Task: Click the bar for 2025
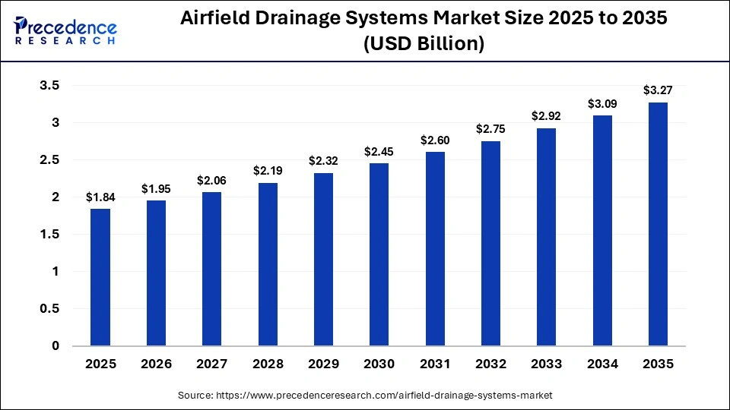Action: [x=100, y=277]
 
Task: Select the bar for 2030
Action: [x=379, y=254]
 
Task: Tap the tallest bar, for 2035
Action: [x=658, y=224]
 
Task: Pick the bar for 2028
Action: [x=268, y=264]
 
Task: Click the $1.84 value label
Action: [x=100, y=197]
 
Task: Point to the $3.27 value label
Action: [x=658, y=91]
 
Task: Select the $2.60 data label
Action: [x=435, y=140]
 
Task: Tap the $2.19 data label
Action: [x=268, y=171]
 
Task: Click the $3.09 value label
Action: [x=602, y=104]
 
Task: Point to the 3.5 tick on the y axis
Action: [x=49, y=86]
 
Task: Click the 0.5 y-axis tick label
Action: [x=49, y=309]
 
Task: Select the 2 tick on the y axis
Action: [x=55, y=197]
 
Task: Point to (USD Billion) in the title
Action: [x=424, y=44]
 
